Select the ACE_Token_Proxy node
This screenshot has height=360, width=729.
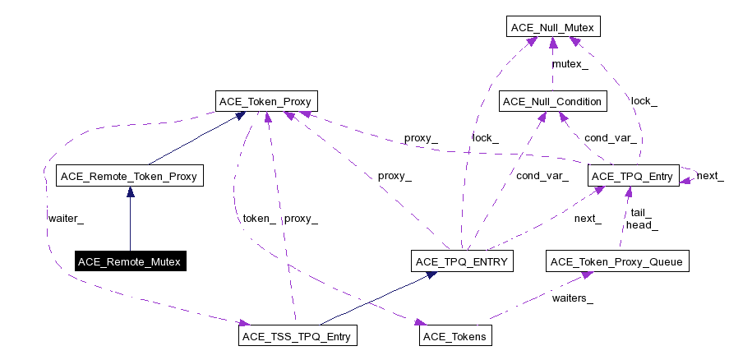267,101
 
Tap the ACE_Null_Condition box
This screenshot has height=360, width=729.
553,101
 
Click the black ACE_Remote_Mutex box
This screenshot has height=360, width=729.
129,262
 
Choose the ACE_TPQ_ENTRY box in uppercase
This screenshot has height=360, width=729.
463,262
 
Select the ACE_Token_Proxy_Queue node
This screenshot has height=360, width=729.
617,262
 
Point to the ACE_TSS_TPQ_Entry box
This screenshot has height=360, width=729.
299,336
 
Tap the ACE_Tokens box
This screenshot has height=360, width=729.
454,336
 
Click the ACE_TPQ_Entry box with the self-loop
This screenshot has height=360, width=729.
633,176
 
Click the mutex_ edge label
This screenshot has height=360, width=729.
570,64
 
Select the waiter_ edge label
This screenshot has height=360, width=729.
66,219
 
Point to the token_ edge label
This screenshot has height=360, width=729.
259,219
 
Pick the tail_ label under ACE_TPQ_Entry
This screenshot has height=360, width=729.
639,212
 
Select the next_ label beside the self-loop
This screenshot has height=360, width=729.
709,177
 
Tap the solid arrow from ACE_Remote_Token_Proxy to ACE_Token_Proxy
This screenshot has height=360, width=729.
196,139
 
